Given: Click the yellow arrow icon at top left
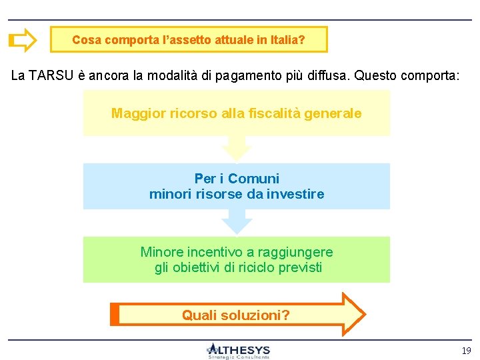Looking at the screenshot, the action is coord(23,40).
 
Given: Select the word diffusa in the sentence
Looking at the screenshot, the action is coord(328,75).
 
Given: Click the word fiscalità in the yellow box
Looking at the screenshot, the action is coord(270,113).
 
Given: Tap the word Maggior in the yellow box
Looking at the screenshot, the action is coord(135,113).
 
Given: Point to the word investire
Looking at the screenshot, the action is coord(297,194).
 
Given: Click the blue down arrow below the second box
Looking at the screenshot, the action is coord(236,221).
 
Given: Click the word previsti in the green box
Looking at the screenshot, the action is coord(300,267).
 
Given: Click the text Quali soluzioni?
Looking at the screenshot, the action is coord(236,315).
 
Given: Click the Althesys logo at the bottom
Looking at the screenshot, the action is coord(238,351).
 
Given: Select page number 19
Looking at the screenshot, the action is coord(465,350).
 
